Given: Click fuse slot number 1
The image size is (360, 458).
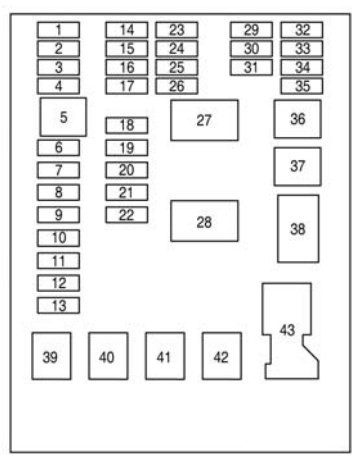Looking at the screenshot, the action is (58, 30).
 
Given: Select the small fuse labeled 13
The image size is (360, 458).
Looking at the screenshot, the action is (58, 305).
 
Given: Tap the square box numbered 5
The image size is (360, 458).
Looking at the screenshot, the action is (63, 117).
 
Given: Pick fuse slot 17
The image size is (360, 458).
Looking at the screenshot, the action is (127, 86).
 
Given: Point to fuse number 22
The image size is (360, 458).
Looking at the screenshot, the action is (127, 215).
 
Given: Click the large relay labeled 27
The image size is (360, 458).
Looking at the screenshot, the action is (204, 120).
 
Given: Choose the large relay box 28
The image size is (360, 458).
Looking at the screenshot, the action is (204, 221).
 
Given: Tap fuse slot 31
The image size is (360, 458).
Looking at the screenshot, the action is (251, 67).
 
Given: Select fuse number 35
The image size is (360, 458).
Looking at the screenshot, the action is (302, 86).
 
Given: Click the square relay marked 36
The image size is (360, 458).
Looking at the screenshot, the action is (298, 119).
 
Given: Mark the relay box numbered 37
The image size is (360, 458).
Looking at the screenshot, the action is (298, 166).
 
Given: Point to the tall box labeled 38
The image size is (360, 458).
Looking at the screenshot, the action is (298, 229).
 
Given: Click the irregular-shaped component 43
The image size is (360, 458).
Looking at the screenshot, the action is (287, 330).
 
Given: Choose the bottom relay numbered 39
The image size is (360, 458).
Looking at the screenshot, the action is (51, 356).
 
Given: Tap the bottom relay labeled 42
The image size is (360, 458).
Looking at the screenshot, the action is (222, 356).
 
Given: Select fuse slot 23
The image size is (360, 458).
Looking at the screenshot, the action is (177, 30).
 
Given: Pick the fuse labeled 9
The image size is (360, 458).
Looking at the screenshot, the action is (58, 215).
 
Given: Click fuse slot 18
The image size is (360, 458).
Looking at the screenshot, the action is (127, 125).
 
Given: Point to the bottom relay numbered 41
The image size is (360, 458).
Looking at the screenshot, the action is (165, 356).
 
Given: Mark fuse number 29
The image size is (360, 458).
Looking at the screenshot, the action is (251, 30).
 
